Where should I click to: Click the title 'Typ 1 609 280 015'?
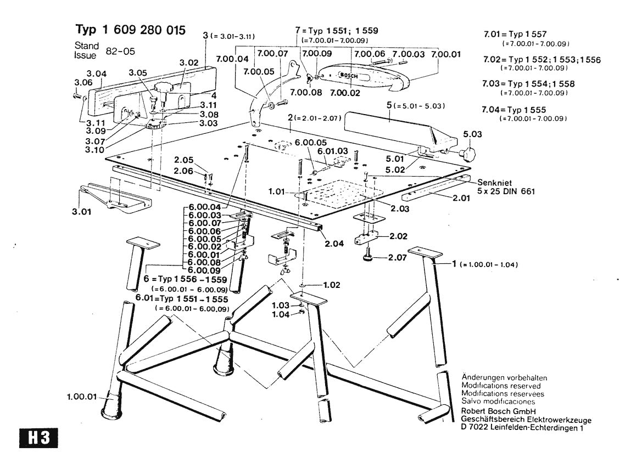point(130,29)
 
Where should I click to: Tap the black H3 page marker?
point(38,438)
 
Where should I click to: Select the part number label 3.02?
point(188,63)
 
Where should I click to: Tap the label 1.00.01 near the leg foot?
point(81,397)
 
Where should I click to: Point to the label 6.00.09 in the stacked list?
point(204,270)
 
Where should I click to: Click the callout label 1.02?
point(331,285)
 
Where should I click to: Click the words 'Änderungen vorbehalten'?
point(504,378)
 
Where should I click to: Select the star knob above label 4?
point(163,87)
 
